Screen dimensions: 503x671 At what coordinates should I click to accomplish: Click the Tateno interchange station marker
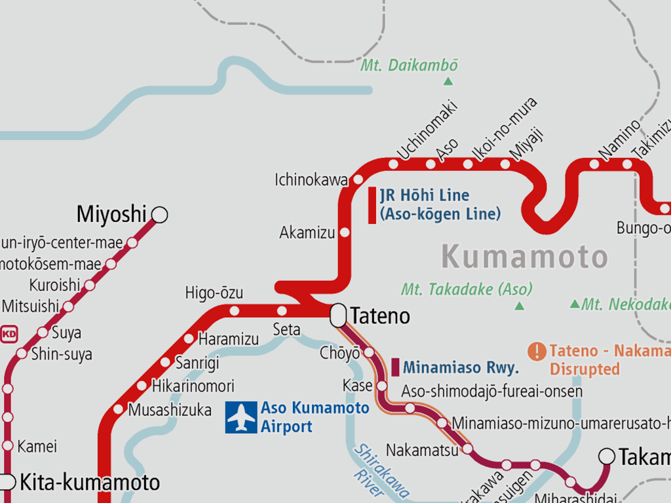point(338,316)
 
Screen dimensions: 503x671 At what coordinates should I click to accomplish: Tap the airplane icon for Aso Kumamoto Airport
point(241,417)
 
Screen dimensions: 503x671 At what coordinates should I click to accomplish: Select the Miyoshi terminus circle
point(159,215)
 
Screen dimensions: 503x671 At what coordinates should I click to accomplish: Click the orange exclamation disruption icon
point(537,352)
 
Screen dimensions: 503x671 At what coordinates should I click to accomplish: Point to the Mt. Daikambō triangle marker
point(448,81)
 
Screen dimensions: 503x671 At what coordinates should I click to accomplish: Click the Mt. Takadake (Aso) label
point(467,289)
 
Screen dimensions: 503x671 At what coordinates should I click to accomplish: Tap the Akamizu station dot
point(345,232)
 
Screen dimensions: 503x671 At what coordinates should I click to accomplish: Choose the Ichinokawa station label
point(311,179)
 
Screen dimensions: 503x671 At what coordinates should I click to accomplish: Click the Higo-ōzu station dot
point(234,310)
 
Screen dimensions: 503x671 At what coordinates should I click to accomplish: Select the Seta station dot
point(282,310)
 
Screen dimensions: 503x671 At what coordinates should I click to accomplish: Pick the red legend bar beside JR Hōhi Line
point(372,205)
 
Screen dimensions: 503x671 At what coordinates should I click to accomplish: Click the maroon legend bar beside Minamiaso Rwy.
point(395,367)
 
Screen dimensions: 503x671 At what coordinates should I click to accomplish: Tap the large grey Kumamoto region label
point(524,257)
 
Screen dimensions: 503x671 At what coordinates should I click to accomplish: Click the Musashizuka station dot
point(118,409)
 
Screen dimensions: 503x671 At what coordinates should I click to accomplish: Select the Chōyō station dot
point(368,353)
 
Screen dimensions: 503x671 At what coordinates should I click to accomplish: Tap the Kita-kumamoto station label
point(90,483)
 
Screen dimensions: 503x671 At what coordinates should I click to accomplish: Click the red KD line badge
point(9,335)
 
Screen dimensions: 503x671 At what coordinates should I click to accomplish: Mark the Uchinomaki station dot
point(393,164)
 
